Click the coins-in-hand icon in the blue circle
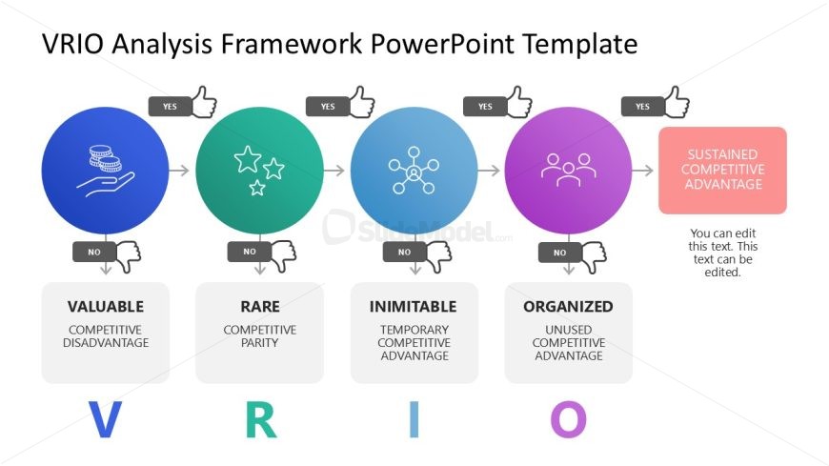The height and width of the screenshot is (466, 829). (x=105, y=171)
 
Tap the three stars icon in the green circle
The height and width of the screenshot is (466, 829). (x=259, y=171)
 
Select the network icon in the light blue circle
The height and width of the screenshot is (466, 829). (x=414, y=171)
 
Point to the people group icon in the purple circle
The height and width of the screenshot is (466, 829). (x=568, y=170)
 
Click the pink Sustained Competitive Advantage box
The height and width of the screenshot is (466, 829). (x=722, y=170)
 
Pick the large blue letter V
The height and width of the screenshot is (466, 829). (x=105, y=419)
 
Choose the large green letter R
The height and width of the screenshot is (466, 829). (x=261, y=419)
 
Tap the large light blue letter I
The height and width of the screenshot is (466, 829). (x=414, y=419)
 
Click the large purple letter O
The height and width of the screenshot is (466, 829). (x=568, y=419)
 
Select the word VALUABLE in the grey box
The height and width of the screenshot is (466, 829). (x=106, y=307)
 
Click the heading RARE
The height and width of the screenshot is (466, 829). (x=260, y=307)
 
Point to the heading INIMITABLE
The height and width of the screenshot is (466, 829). (x=414, y=307)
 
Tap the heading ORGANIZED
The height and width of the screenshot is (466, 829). (x=568, y=307)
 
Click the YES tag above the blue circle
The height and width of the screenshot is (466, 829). (x=170, y=107)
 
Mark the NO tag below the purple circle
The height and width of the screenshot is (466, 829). (x=560, y=253)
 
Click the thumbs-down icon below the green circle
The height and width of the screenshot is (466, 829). (x=283, y=256)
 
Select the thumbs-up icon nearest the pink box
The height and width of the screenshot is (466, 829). (x=677, y=102)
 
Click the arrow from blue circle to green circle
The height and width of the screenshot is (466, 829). (x=179, y=171)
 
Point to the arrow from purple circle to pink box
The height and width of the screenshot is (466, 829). (x=642, y=171)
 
